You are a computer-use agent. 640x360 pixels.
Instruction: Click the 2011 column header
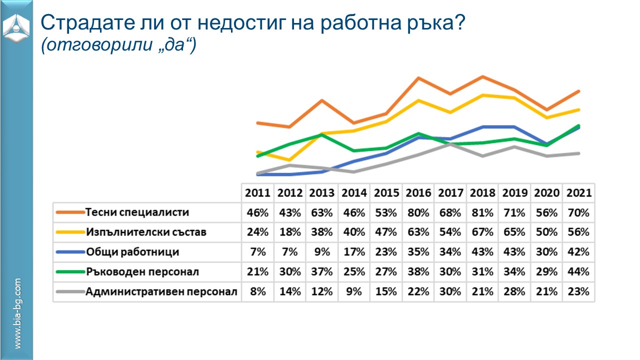(x=257, y=192)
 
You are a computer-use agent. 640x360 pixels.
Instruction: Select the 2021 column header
(x=579, y=192)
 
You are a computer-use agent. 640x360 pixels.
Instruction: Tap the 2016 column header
(x=418, y=192)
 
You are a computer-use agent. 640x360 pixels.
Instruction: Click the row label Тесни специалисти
(x=137, y=212)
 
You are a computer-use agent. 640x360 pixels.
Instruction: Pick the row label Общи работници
(x=132, y=252)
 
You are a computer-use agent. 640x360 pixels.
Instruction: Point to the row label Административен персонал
(x=161, y=291)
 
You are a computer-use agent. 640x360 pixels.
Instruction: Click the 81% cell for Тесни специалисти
(x=482, y=212)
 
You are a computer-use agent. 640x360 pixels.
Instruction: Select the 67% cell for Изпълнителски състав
(x=482, y=232)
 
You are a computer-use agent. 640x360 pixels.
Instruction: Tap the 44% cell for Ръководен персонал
(x=579, y=272)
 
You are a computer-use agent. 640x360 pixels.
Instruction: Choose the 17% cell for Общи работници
(x=354, y=252)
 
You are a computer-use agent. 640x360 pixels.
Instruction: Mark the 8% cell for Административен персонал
(x=257, y=291)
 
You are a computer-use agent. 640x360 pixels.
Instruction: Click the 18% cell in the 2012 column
(x=290, y=232)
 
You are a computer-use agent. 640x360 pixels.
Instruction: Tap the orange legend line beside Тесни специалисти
(x=69, y=212)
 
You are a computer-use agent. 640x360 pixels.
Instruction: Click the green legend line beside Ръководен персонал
(x=69, y=272)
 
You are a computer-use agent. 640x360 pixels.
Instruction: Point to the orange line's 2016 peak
(x=418, y=78)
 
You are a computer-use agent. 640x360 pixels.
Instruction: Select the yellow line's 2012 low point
(x=289, y=160)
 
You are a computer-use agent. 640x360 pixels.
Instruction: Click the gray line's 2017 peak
(x=450, y=144)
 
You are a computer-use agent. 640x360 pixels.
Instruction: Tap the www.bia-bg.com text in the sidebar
(x=17, y=313)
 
